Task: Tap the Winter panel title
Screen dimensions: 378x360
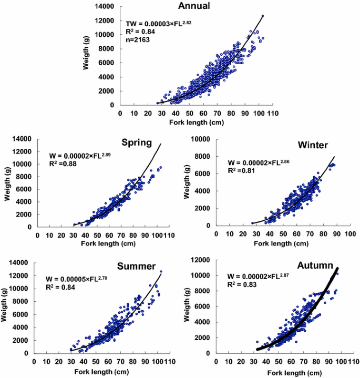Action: (x=313, y=145)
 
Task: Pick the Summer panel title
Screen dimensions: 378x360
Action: (x=136, y=266)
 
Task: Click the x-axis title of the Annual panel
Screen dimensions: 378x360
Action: (x=195, y=122)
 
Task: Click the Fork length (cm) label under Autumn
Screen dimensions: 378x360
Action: (x=287, y=372)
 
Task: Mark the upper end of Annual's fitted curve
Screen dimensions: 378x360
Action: (x=263, y=16)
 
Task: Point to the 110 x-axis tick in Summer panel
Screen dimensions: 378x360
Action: (x=168, y=361)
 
